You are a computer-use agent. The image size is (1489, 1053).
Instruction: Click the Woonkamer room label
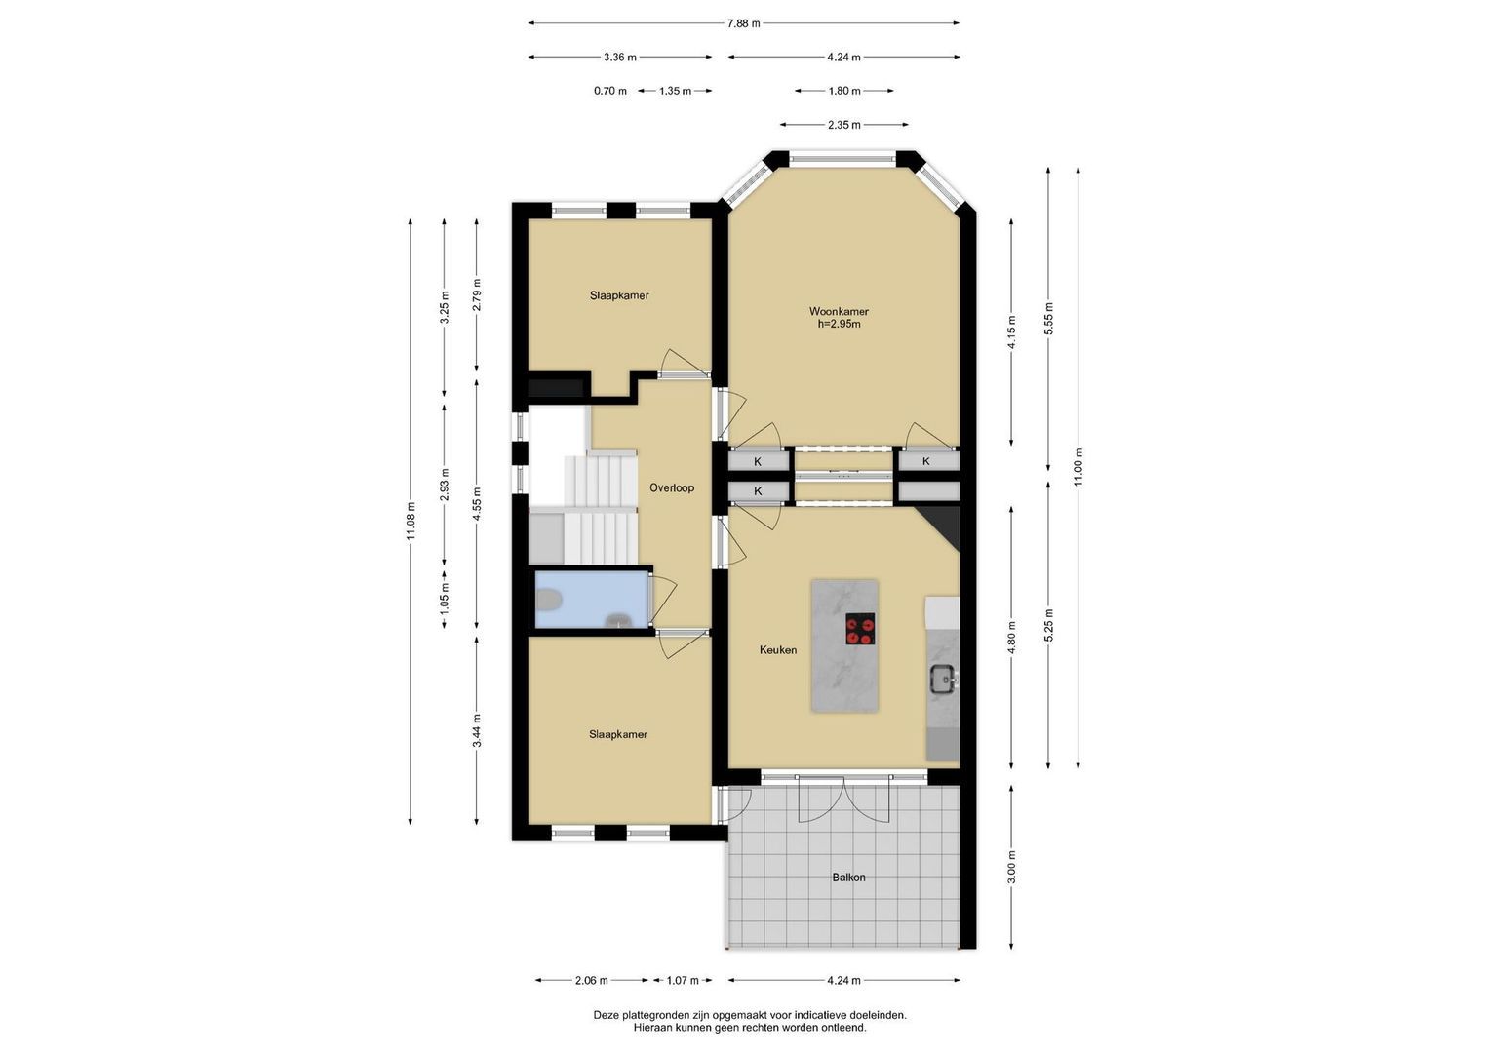point(839,311)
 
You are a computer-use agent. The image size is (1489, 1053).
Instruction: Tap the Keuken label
point(778,650)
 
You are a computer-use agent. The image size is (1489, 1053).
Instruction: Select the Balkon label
point(849,877)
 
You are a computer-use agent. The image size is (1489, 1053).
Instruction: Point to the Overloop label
point(672,487)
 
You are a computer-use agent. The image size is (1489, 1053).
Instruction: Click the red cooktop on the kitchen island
point(860,629)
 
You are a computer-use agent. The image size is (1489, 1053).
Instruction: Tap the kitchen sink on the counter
point(943,680)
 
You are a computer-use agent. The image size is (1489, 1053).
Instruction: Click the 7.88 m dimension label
point(743,23)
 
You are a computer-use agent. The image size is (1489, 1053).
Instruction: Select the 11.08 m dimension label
point(411,522)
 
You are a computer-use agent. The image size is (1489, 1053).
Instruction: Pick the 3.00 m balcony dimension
point(1012,867)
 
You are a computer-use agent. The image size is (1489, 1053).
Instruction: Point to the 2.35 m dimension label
point(844,125)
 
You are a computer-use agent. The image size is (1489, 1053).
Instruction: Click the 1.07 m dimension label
point(683,980)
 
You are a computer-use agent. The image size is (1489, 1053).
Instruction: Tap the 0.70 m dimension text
point(610,91)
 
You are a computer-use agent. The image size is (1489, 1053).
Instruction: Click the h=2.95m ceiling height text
point(839,325)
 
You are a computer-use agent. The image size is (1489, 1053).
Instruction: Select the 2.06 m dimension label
point(592,980)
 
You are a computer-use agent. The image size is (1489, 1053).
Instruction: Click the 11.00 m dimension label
point(1078,467)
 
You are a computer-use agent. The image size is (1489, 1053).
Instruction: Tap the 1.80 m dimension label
point(844,91)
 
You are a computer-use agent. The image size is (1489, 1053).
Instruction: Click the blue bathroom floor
point(592,600)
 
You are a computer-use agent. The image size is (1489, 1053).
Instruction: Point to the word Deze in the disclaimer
point(605,1015)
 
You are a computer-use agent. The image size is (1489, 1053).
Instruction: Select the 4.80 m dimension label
point(1012,639)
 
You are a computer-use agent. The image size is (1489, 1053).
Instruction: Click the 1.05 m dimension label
point(445,597)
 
